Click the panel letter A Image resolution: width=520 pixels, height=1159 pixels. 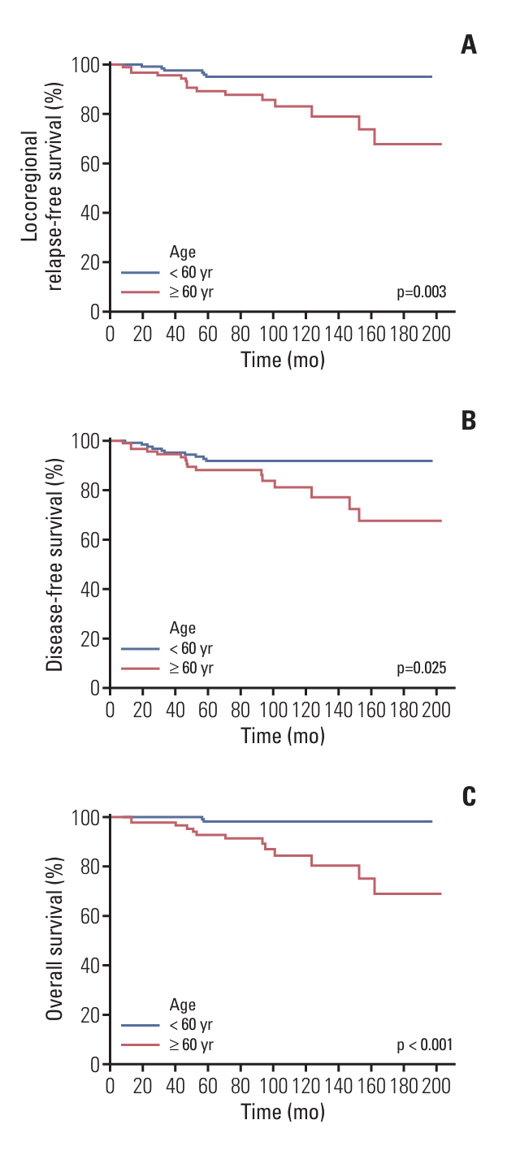[469, 45]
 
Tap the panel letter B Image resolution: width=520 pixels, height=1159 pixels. [469, 421]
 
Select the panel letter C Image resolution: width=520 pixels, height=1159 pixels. [469, 797]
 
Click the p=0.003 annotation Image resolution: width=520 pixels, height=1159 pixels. [422, 292]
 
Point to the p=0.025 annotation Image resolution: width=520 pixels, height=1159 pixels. [422, 668]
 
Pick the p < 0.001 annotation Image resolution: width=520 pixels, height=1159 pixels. [419, 1044]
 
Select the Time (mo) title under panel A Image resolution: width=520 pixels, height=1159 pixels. [283, 360]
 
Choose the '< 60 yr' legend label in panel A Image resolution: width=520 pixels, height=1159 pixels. [192, 272]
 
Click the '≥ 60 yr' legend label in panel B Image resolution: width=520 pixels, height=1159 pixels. [192, 668]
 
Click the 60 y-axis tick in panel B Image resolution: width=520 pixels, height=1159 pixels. [90, 539]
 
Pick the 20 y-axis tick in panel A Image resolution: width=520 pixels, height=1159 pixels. [90, 262]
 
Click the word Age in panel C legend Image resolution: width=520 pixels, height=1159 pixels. [183, 1005]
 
